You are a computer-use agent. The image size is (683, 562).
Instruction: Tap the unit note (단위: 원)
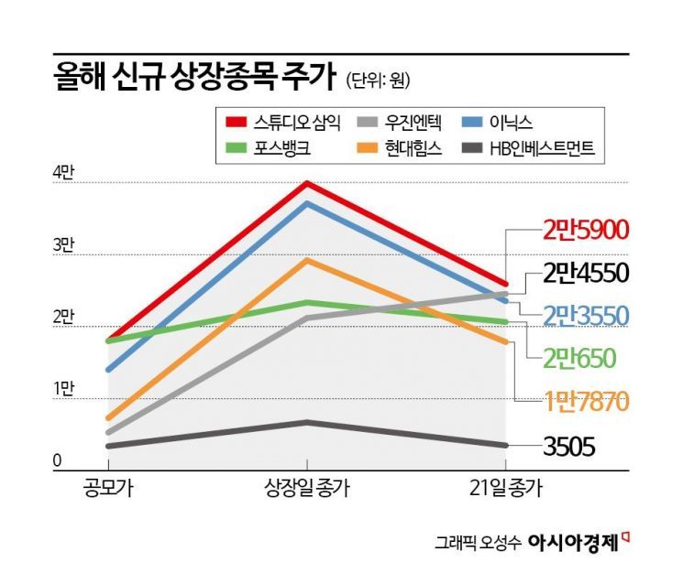pyautogui.click(x=379, y=81)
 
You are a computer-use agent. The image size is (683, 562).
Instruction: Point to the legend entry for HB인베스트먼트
pyautogui.click(x=532, y=148)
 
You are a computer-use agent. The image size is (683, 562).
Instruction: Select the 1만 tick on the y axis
pyautogui.click(x=64, y=390)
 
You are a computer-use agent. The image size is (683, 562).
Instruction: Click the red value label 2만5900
pyautogui.click(x=583, y=229)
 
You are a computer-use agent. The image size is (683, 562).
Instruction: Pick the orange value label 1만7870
pyautogui.click(x=583, y=401)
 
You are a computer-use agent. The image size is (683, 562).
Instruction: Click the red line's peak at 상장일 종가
pyautogui.click(x=307, y=183)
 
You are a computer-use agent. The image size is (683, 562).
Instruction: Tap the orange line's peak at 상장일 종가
pyautogui.click(x=307, y=260)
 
